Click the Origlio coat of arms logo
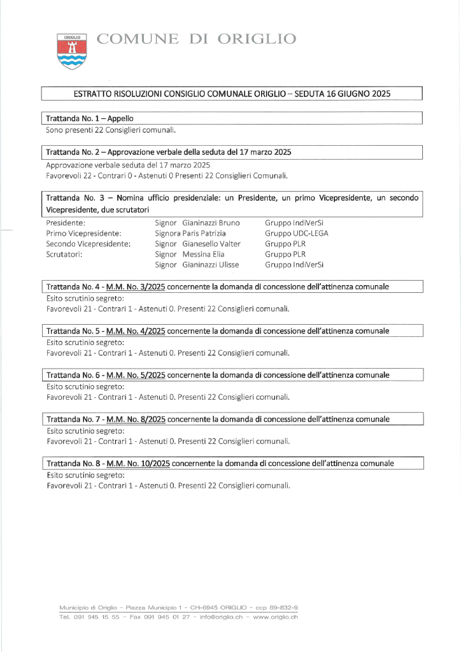[72, 52]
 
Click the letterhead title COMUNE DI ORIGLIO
[196, 39]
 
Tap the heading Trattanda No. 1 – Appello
[90, 118]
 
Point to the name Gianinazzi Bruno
[211, 223]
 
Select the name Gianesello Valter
[211, 244]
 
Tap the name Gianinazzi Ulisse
[211, 264]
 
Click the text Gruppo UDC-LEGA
[297, 234]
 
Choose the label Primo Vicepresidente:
[84, 234]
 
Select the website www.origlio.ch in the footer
[275, 617]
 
